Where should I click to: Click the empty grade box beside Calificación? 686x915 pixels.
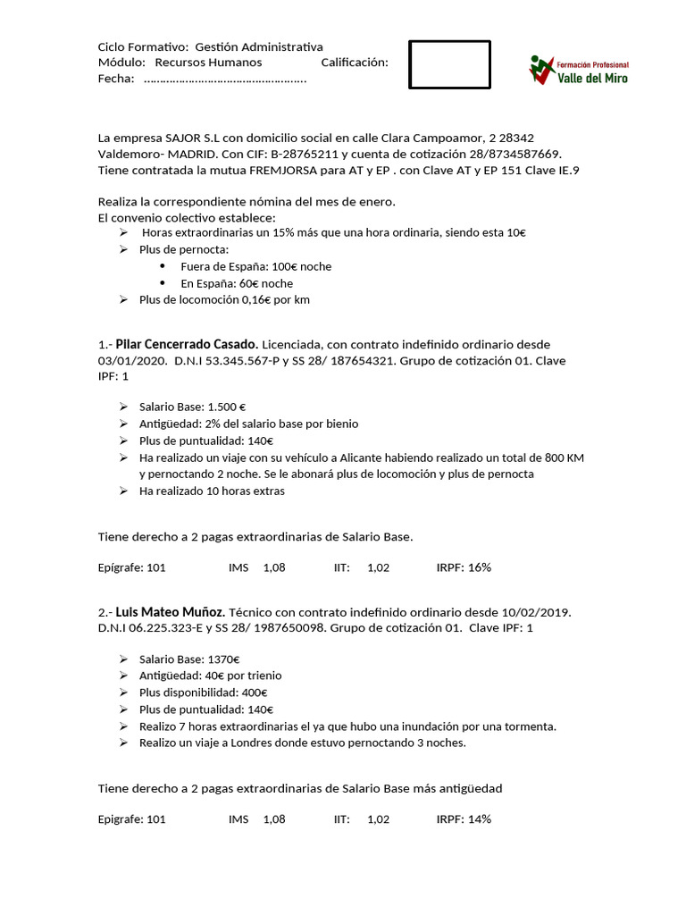coord(449,64)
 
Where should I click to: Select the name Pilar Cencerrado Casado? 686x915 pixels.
coord(188,344)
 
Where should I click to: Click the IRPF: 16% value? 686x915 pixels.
coord(464,567)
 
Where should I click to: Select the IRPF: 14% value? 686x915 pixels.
coord(464,818)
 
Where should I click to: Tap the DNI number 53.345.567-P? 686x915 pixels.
coord(246,361)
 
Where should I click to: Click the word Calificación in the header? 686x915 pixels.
coord(354,63)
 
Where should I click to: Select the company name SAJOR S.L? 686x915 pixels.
coord(193,138)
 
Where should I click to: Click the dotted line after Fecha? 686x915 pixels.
coord(224,80)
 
